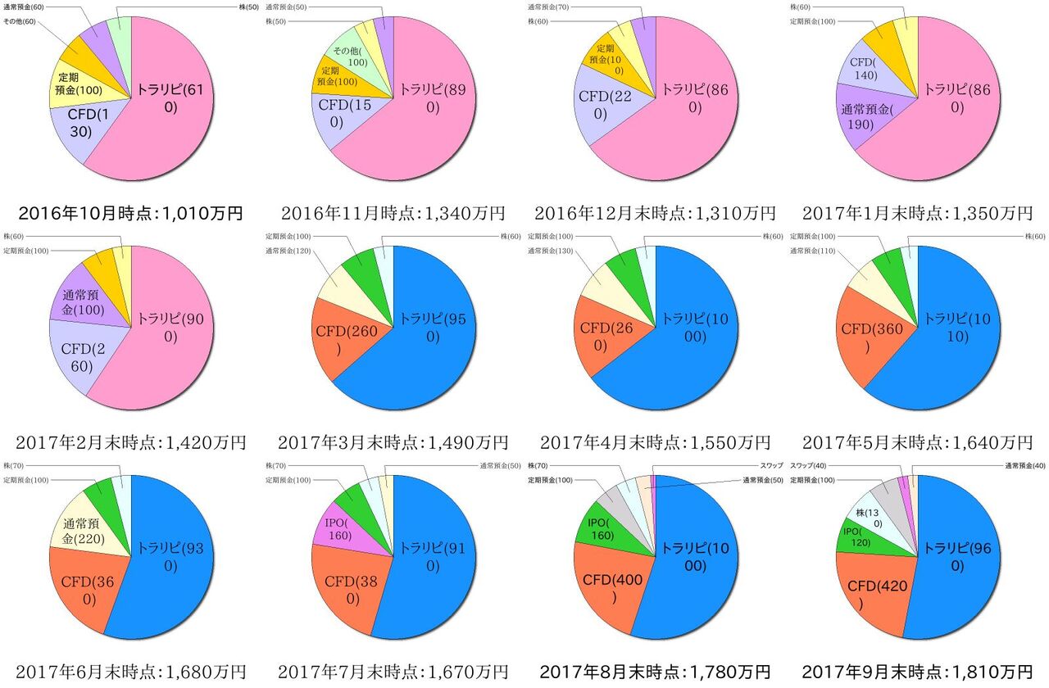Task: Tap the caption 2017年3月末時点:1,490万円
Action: point(393,443)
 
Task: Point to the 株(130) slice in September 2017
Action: point(871,515)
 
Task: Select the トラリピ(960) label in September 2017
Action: point(956,557)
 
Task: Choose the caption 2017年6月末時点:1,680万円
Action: point(130,672)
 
